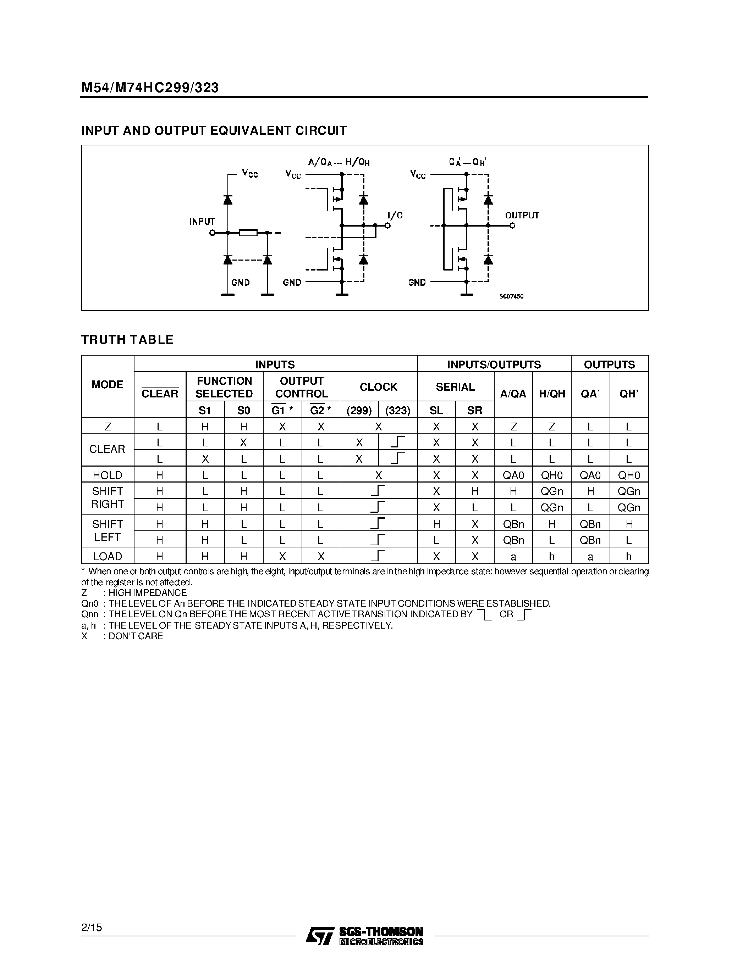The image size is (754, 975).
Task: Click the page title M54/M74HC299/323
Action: [150, 88]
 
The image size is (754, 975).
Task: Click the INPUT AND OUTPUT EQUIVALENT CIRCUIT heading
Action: [214, 131]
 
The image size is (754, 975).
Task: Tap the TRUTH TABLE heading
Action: [127, 340]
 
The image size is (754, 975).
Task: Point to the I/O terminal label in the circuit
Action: [395, 216]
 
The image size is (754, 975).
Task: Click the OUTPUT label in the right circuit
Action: [522, 215]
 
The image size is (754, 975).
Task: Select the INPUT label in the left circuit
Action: [202, 222]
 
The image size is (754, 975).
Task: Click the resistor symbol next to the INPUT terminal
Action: [248, 233]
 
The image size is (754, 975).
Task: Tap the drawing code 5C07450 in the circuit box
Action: [511, 296]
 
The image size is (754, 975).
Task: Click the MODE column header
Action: [107, 385]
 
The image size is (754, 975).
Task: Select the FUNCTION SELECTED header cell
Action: [224, 387]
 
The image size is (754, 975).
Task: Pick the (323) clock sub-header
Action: [397, 410]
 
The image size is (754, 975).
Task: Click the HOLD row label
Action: [107, 475]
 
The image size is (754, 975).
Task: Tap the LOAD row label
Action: [107, 557]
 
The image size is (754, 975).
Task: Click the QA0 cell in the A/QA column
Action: [513, 475]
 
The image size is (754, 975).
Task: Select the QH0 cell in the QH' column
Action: [628, 475]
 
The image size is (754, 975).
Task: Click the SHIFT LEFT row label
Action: [107, 531]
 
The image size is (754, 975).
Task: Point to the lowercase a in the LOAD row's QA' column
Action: [590, 557]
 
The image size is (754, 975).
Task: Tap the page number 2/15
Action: [92, 927]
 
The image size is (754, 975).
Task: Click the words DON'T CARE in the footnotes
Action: [136, 636]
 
